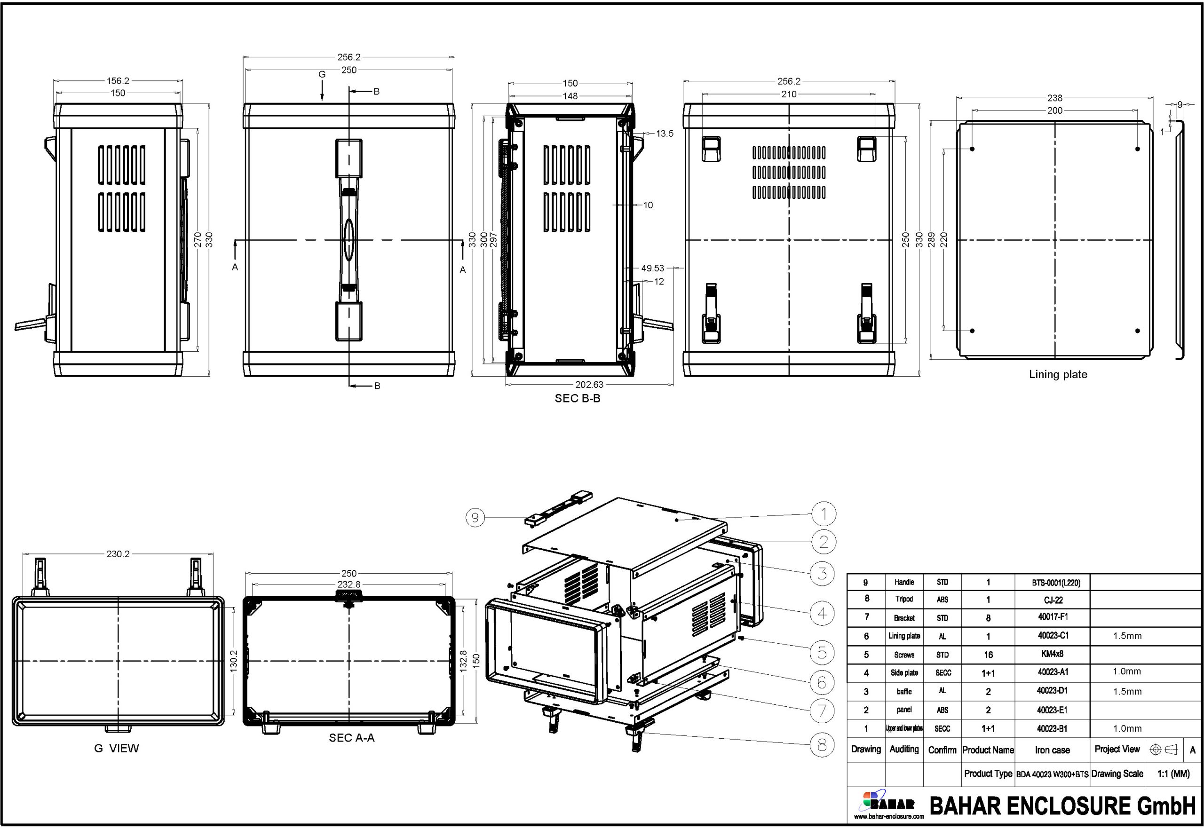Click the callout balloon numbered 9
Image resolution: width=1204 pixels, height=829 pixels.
pos(475,517)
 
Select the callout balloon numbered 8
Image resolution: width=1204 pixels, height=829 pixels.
pos(822,745)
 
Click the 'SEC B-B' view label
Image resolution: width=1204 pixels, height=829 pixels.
pos(577,398)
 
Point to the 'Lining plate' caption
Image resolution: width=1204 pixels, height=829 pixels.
pos(1058,374)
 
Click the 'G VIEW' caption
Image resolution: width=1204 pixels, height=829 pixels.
pos(116,748)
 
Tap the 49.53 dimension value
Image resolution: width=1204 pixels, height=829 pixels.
pos(652,268)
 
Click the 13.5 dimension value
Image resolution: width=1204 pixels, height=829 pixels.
pos(665,134)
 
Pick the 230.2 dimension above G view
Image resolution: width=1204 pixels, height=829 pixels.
pos(118,554)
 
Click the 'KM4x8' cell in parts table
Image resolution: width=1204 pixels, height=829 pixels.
pos(1053,654)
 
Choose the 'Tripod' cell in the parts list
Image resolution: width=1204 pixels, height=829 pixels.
pos(904,599)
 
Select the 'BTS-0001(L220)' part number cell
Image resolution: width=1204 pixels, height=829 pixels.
pos(1055,583)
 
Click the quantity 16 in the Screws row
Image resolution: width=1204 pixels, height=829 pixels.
pos(988,655)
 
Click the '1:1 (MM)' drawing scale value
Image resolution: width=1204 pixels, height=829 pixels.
pos(1173,774)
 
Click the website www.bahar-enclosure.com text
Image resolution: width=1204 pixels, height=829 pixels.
pos(889,816)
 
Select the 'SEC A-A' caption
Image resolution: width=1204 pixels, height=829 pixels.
pos(351,738)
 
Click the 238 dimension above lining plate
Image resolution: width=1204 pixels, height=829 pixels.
pos(1054,98)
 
